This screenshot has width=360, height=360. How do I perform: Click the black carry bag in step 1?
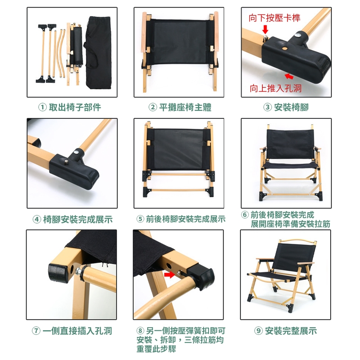[99, 52]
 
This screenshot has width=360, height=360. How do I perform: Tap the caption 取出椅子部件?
[75, 107]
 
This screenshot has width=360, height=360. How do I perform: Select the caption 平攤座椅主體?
[185, 107]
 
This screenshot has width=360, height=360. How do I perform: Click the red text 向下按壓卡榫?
[274, 18]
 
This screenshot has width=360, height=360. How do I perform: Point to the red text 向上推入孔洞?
[275, 88]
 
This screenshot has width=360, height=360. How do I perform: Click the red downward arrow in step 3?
[265, 30]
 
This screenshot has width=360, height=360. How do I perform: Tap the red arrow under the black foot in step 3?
[289, 76]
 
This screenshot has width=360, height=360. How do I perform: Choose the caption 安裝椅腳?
[291, 107]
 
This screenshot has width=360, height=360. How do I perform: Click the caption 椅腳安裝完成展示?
[78, 220]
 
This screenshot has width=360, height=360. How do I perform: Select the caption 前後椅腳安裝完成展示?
[185, 219]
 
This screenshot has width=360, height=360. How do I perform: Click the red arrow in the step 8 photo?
[169, 274]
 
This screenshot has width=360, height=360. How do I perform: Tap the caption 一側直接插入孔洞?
[77, 331]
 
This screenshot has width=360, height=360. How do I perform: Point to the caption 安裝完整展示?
[291, 331]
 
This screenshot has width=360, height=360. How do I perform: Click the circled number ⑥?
[245, 215]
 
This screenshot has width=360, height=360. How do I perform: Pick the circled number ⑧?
[140, 331]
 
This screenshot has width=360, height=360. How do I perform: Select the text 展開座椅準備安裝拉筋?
[290, 224]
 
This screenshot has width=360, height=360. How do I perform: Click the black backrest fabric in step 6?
[290, 144]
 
